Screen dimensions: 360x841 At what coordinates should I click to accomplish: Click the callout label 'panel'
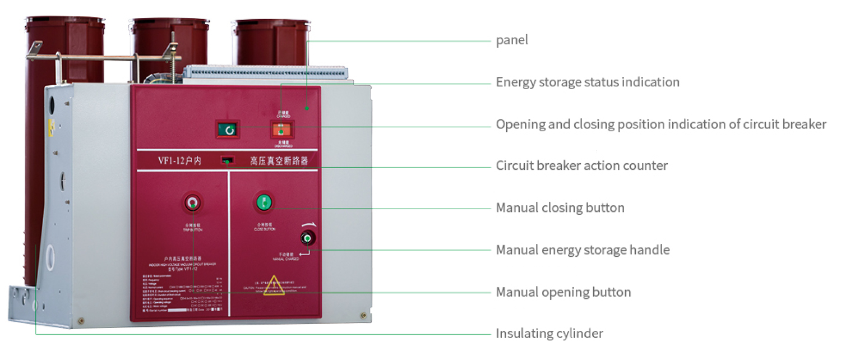click(x=511, y=40)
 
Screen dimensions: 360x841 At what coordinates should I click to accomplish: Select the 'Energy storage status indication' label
click(x=587, y=82)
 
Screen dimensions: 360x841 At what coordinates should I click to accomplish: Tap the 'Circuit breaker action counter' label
click(x=581, y=166)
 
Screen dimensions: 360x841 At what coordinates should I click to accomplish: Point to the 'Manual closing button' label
click(x=560, y=208)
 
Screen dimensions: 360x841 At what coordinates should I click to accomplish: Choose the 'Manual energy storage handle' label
click(x=583, y=250)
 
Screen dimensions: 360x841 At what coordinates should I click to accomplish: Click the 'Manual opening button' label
click(x=563, y=292)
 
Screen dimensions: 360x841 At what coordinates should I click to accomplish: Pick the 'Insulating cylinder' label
click(x=549, y=334)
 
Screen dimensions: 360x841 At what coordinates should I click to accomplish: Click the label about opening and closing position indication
click(x=660, y=124)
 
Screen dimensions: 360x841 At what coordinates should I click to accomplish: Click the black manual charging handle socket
click(x=307, y=238)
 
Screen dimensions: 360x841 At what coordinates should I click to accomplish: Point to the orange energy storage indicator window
click(x=281, y=130)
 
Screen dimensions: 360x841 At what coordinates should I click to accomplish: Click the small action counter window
click(x=227, y=161)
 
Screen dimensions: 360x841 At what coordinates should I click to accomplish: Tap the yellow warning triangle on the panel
click(x=274, y=284)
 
